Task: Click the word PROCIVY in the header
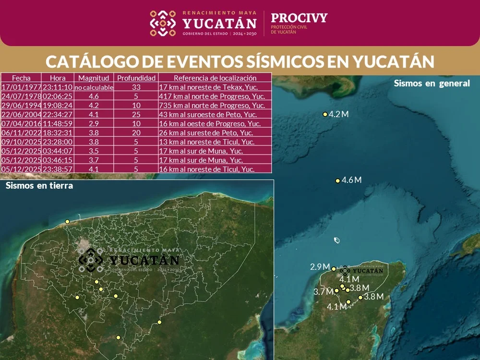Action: (299, 18)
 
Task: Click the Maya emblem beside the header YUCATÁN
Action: (163, 24)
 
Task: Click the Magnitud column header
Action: (94, 78)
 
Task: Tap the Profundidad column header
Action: (136, 78)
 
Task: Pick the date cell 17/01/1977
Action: (21, 87)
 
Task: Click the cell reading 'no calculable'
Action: (94, 87)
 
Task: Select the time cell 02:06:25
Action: (58, 96)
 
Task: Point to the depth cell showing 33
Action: (136, 87)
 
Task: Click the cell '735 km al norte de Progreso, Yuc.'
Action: (215, 106)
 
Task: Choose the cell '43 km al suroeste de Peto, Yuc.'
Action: (215, 114)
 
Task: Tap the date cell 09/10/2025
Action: (21, 142)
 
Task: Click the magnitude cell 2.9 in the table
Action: (94, 124)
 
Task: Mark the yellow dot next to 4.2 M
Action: (325, 114)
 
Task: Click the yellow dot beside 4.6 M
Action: (337, 181)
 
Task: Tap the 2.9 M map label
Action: (320, 267)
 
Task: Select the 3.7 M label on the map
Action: (323, 291)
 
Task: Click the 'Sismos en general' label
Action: (432, 83)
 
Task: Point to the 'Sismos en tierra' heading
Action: (39, 186)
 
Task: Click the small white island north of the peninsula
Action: (336, 240)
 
